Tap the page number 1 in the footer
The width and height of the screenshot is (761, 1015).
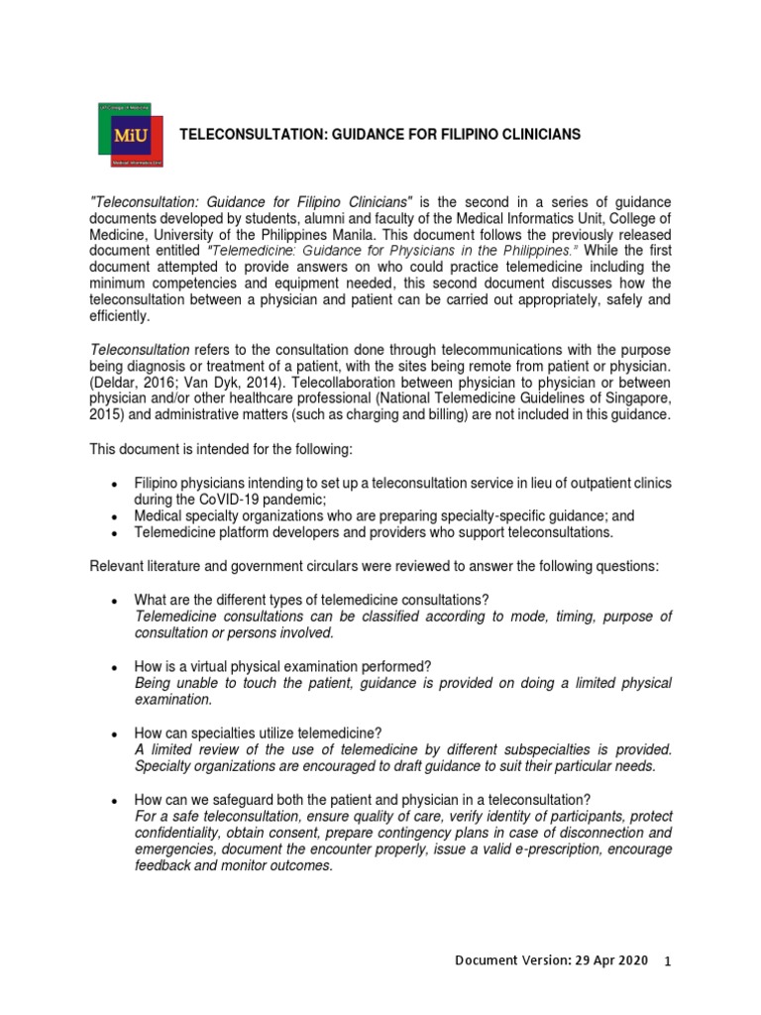click(x=667, y=962)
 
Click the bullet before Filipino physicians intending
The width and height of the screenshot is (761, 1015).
click(x=116, y=484)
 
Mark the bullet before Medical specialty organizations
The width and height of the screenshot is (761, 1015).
click(x=116, y=516)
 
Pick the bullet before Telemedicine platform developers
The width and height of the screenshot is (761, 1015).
click(x=116, y=532)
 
